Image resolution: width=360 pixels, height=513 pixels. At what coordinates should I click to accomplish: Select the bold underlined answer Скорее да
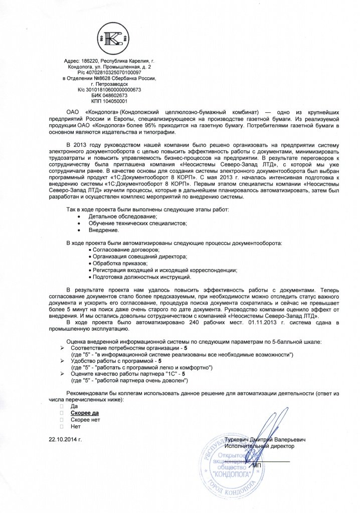pyautogui.click(x=85, y=412)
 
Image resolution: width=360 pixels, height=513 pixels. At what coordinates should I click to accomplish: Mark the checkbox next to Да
pyautogui.click(x=61, y=405)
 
